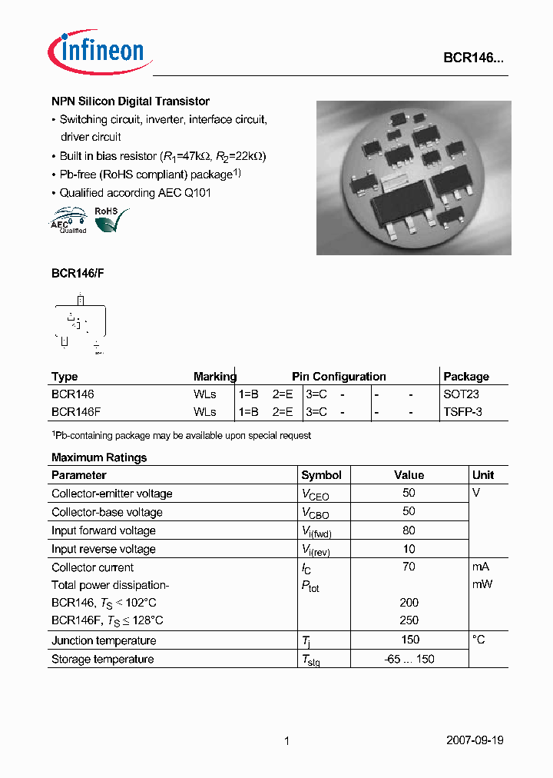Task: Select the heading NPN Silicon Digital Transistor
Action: coord(131,101)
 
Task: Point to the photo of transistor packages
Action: coord(412,178)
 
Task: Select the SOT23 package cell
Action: coord(461,394)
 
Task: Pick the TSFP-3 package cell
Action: coord(462,412)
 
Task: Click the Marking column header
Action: coord(214,377)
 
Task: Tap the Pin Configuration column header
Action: coord(339,377)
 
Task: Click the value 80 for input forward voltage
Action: coord(409,530)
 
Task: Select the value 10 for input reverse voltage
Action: coord(409,549)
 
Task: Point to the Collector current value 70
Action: coord(409,567)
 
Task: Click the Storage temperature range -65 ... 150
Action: coord(409,660)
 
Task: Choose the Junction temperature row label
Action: coord(103,640)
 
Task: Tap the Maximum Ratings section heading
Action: coord(99,457)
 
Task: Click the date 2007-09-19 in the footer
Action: coord(475,741)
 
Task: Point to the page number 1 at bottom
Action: coord(286,741)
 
